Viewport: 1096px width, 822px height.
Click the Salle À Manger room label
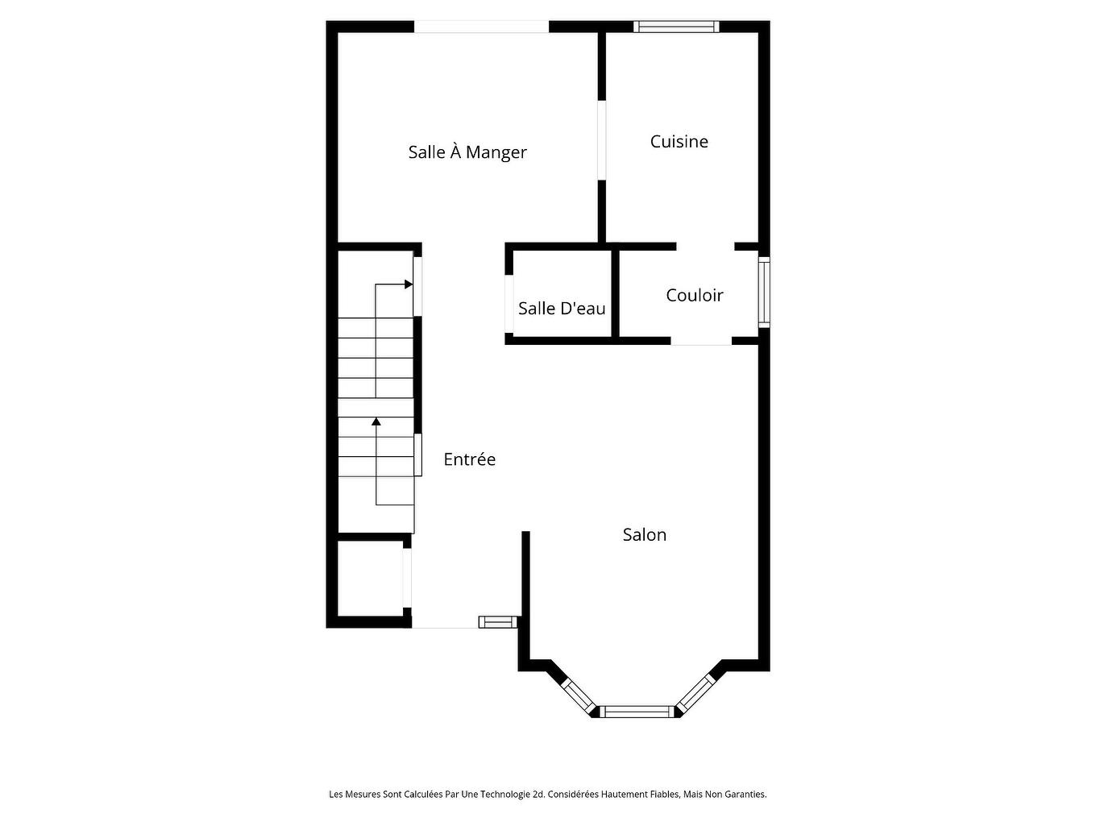click(467, 152)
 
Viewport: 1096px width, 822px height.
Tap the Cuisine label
click(679, 142)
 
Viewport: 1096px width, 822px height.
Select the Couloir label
click(694, 296)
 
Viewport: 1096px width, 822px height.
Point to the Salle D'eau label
click(562, 309)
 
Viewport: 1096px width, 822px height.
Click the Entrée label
click(469, 459)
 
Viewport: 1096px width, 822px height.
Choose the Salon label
click(644, 535)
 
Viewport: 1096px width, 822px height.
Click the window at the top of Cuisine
click(676, 27)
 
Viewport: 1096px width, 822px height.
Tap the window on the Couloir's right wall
click(764, 292)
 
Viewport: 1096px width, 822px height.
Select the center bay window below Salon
click(638, 712)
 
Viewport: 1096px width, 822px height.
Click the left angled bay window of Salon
click(577, 695)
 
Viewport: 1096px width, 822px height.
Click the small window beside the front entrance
click(497, 621)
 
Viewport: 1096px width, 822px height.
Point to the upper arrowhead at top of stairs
click(409, 284)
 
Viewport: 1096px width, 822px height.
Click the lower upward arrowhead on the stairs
click(376, 421)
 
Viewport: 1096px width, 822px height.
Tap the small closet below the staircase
click(369, 578)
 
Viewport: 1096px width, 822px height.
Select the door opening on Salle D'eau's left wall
click(509, 303)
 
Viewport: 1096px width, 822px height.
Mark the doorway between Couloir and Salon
click(701, 341)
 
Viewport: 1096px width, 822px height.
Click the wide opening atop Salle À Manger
click(481, 27)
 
